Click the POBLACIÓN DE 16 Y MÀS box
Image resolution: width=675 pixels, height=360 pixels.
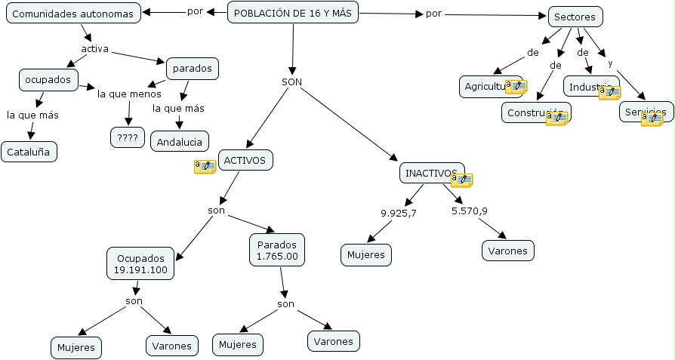[293, 13]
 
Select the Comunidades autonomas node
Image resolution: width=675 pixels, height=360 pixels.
[73, 14]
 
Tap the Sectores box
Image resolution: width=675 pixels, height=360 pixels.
[575, 17]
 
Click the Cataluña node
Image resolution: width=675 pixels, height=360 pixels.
[29, 152]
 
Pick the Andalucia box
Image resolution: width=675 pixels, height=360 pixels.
[180, 141]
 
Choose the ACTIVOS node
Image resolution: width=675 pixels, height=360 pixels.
[245, 159]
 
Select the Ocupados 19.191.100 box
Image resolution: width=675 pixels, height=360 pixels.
[140, 263]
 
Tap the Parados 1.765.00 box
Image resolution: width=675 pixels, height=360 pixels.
[277, 251]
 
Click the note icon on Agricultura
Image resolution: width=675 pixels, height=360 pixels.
[516, 86]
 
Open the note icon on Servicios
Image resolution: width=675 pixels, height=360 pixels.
[652, 118]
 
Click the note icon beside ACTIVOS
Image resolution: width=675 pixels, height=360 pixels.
[205, 167]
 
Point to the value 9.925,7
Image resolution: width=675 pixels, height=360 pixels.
[399, 212]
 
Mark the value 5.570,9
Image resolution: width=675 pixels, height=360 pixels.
[469, 211]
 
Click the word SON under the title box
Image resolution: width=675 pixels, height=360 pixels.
[292, 82]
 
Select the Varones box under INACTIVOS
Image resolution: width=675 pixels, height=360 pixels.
[508, 250]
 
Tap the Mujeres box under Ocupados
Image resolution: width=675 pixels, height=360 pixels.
[76, 348]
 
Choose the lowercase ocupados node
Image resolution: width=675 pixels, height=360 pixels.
[48, 79]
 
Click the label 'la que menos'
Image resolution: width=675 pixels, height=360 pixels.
[129, 94]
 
